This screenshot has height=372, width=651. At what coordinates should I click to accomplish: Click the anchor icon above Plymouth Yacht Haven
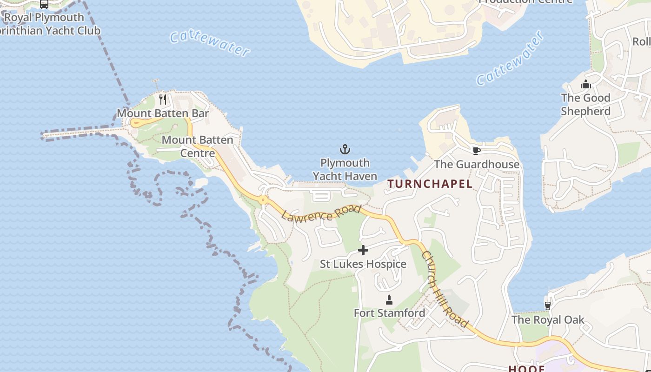[345, 149]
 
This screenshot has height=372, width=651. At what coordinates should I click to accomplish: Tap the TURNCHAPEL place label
[430, 184]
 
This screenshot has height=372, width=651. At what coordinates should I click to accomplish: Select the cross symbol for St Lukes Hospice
[363, 250]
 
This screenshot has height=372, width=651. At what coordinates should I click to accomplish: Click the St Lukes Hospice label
[363, 264]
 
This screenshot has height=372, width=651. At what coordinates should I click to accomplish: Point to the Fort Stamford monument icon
[389, 299]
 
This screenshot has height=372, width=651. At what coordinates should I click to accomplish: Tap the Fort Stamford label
[389, 313]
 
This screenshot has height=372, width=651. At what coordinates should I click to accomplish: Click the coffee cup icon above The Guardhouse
[476, 151]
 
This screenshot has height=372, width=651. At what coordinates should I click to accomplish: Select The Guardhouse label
[477, 164]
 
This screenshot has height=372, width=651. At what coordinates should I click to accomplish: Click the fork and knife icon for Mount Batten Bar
[163, 99]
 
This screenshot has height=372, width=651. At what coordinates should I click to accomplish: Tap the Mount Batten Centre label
[198, 146]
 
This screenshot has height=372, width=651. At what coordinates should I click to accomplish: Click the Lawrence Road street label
[321, 213]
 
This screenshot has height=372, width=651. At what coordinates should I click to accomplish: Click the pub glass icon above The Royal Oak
[548, 306]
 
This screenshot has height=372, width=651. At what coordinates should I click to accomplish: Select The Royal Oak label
[548, 320]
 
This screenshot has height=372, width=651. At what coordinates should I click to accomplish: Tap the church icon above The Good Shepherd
[585, 84]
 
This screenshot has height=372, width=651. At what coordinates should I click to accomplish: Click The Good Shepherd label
[585, 104]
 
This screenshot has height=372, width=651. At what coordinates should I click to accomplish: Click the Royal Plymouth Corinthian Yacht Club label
[46, 24]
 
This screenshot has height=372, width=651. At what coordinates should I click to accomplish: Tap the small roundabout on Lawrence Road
[263, 200]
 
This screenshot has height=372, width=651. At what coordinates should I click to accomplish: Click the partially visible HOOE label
[526, 368]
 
